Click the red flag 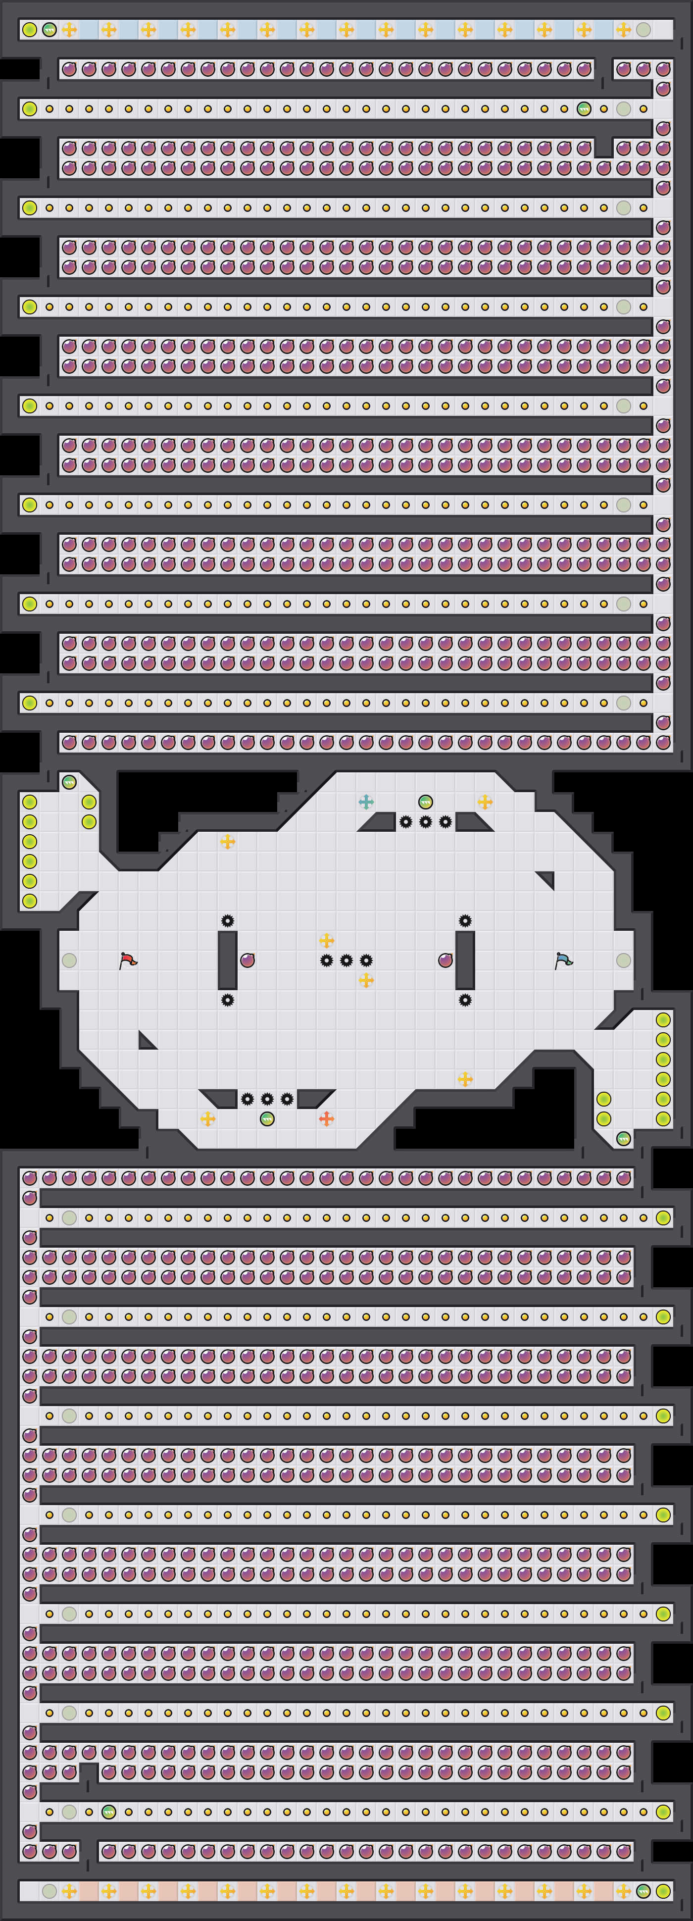128,960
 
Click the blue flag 563,960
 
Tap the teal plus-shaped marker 365,802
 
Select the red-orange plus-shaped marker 326,1118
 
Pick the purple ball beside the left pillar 247,960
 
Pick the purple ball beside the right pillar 445,960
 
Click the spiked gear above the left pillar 228,921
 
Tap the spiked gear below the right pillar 465,1000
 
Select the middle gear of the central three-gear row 346,960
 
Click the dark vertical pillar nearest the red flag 228,960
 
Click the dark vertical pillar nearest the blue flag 465,960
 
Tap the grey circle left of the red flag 69,960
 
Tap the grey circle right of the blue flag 624,960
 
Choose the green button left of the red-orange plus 267,1118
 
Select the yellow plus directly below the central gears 365,980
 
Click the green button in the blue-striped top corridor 49,30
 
